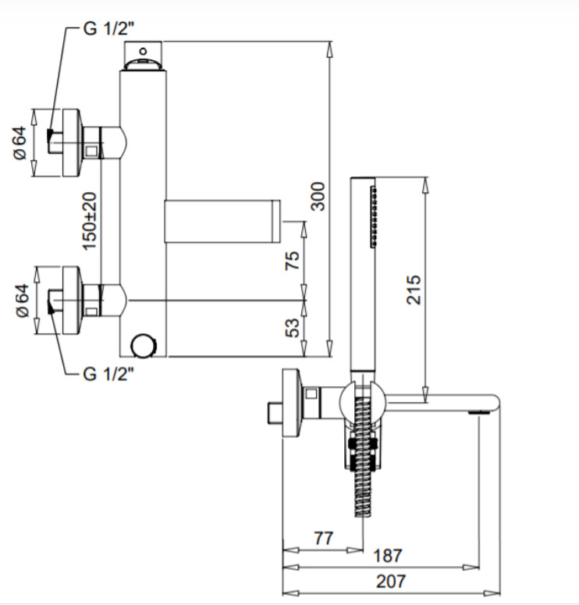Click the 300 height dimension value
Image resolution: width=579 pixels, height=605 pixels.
pyautogui.click(x=318, y=196)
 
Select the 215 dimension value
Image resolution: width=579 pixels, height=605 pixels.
pyautogui.click(x=413, y=290)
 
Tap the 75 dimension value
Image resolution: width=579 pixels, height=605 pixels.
pyautogui.click(x=292, y=261)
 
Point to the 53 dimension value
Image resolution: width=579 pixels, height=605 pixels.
pyautogui.click(x=292, y=328)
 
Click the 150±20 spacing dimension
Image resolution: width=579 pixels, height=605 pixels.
pyautogui.click(x=90, y=221)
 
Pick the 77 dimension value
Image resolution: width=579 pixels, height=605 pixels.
pyautogui.click(x=323, y=538)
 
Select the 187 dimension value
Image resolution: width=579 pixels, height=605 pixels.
pyautogui.click(x=388, y=556)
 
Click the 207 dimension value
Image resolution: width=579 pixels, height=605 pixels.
pyautogui.click(x=391, y=582)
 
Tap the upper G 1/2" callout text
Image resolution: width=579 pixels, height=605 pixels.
pyautogui.click(x=109, y=28)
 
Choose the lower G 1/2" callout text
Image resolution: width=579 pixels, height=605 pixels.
pyautogui.click(x=109, y=373)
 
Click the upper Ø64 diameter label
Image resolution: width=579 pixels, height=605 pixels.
pyautogui.click(x=20, y=143)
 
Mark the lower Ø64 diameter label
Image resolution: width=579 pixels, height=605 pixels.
pyautogui.click(x=23, y=301)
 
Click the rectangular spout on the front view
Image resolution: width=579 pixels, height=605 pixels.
pyautogui.click(x=222, y=222)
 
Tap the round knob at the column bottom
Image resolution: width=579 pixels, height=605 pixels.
pyautogui.click(x=143, y=345)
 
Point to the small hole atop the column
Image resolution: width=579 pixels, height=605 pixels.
pyautogui.click(x=143, y=51)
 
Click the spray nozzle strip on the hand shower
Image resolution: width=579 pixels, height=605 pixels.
pyautogui.click(x=373, y=217)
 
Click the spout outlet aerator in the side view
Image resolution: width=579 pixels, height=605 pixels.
pyautogui.click(x=479, y=413)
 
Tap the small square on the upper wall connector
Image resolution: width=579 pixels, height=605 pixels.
pyautogui.click(x=91, y=151)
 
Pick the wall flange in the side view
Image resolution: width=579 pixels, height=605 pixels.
pyautogui.click(x=290, y=403)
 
